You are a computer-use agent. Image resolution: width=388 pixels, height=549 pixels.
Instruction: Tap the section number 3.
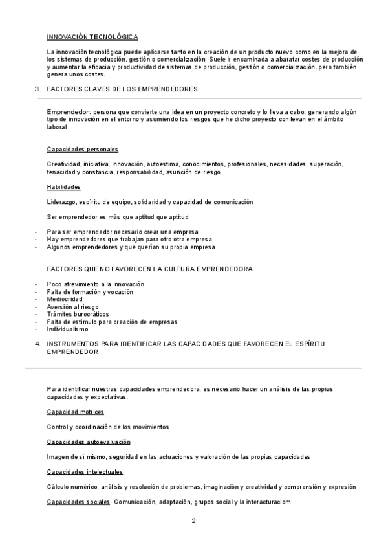(38, 88)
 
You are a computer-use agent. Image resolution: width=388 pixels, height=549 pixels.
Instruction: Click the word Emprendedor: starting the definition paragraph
(68, 112)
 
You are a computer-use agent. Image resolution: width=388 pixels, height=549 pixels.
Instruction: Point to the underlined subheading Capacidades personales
(82, 150)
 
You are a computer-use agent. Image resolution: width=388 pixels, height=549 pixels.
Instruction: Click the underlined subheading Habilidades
(63, 187)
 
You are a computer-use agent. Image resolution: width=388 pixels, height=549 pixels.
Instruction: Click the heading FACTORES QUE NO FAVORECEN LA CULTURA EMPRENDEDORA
(149, 268)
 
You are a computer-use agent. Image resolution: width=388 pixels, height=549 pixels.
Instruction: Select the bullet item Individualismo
(67, 329)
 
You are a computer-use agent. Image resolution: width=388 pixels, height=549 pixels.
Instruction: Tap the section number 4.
(38, 344)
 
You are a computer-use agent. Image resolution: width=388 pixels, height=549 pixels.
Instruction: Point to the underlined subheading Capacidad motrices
(75, 412)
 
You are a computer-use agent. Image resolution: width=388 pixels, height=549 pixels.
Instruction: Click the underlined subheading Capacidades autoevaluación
(89, 442)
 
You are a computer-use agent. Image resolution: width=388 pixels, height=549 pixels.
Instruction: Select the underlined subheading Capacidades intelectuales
(85, 472)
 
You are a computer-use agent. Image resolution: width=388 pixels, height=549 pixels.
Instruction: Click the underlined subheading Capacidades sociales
(78, 502)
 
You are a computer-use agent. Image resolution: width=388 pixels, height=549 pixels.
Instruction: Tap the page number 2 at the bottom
(193, 521)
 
